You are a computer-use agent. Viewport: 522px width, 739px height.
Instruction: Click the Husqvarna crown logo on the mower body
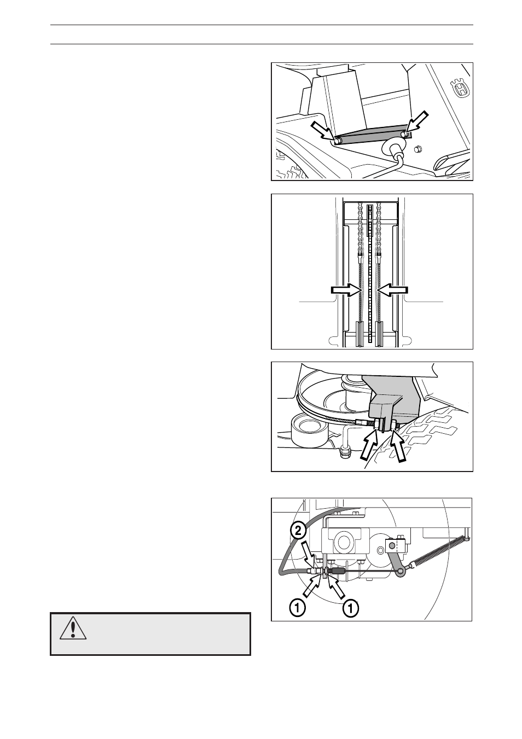coord(460,88)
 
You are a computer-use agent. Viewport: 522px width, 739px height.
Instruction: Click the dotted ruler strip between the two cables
coord(370,274)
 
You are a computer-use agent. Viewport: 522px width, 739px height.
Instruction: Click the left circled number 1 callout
coord(297,607)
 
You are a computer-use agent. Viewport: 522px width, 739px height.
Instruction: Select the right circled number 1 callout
coord(351,607)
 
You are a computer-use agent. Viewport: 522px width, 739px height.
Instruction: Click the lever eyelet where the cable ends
coord(402,572)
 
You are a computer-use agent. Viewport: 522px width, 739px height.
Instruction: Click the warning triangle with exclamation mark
coord(70,629)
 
